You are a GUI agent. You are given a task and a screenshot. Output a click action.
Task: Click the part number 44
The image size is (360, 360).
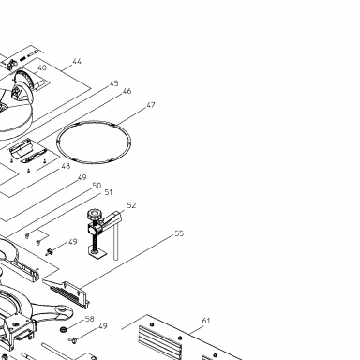pyautogui.click(x=77, y=61)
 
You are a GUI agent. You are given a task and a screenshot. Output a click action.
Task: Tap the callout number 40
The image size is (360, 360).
pyautogui.click(x=42, y=67)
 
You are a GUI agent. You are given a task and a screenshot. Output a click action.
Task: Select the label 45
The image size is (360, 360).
pyautogui.click(x=114, y=83)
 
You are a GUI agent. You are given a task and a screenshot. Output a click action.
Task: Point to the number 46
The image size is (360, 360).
pyautogui.click(x=127, y=91)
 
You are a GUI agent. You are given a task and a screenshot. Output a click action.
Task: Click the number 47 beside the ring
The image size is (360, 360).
pyautogui.click(x=151, y=105)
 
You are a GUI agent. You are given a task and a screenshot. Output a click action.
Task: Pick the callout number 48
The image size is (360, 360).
pyautogui.click(x=66, y=166)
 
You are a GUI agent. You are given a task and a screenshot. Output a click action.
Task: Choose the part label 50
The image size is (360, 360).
pyautogui.click(x=97, y=186)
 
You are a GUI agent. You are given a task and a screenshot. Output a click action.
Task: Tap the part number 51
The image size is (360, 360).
pyautogui.click(x=108, y=192)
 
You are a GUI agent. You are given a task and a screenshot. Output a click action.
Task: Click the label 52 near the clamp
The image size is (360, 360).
pyautogui.click(x=132, y=205)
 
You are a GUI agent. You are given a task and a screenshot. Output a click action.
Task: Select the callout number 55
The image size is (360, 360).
pyautogui.click(x=179, y=233)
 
